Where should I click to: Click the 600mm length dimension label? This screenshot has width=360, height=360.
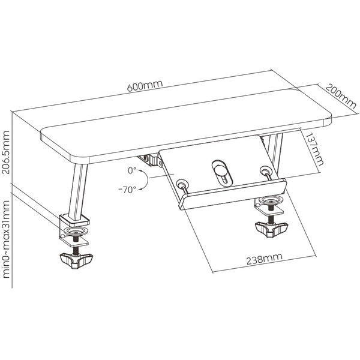[x=145, y=85]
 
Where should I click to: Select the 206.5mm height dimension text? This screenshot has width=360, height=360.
[x=6, y=152]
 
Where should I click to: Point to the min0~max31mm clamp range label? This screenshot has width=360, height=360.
[x=6, y=239]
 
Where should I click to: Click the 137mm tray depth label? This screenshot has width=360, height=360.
[x=314, y=149]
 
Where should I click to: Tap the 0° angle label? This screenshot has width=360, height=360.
[x=132, y=170]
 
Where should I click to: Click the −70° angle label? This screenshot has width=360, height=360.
[x=127, y=190]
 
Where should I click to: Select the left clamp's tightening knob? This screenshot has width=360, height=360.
[x=76, y=260]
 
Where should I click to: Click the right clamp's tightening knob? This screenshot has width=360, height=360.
[x=271, y=229]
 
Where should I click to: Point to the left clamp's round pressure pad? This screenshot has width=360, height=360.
[x=76, y=231]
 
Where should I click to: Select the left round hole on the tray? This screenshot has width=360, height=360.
[x=182, y=184]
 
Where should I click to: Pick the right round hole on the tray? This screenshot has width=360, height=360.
[x=266, y=170]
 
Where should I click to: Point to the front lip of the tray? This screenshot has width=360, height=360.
[x=232, y=194]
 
